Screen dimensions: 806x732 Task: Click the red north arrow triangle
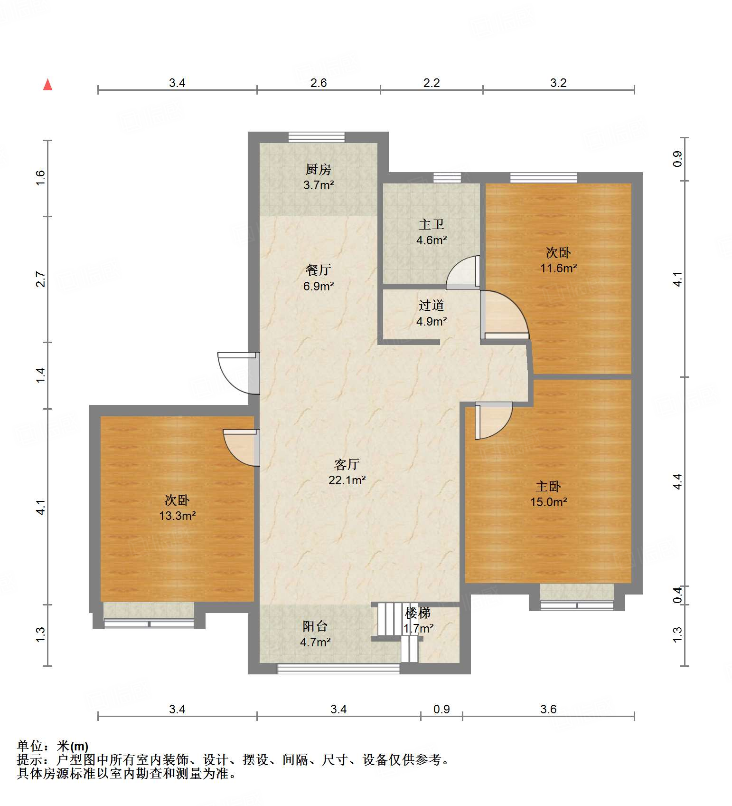coord(47,85)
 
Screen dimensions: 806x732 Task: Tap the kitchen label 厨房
coord(318,169)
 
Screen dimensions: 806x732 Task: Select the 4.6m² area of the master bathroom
coord(431,240)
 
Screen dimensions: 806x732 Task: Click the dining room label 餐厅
coord(318,270)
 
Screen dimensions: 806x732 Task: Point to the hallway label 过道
coord(431,305)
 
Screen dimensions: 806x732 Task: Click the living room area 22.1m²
coord(347,480)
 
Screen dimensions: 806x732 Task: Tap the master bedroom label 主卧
coord(548,486)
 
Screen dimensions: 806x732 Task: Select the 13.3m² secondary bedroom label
coord(177,516)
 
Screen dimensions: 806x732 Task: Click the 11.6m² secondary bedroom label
coord(558,268)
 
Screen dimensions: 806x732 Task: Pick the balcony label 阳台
coord(315,626)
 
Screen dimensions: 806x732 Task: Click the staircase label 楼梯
coord(418,613)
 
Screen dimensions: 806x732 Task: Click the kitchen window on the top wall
coord(317,137)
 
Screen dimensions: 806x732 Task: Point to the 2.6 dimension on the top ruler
coord(319,83)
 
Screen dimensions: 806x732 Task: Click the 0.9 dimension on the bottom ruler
coord(441,709)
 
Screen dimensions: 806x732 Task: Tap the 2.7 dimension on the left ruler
coord(41,279)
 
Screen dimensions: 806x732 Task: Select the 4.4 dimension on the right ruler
coord(677,481)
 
